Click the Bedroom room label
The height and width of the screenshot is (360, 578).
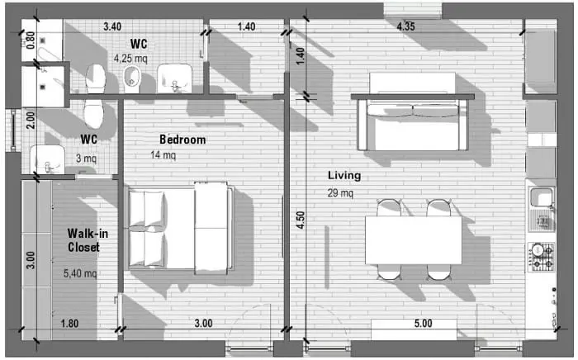182,140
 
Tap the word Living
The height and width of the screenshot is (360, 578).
344,175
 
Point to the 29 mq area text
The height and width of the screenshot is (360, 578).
340,192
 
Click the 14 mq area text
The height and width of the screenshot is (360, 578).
163,154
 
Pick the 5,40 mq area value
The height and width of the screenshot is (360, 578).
80,273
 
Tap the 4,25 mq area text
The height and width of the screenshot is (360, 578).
130,59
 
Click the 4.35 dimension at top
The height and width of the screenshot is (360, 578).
405,26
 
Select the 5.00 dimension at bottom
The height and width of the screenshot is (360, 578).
423,323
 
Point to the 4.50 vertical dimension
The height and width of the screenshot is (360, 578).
301,220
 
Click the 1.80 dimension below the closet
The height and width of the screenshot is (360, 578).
69,324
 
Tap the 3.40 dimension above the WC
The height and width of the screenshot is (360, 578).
112,26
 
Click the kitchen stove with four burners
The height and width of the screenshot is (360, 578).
542,257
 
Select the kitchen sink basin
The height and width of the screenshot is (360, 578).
541,197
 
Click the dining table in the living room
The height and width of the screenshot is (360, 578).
413,240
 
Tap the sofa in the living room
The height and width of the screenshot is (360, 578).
413,126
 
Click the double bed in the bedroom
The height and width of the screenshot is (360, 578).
181,228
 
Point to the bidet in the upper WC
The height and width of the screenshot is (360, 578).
132,79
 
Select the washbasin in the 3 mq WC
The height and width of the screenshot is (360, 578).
47,159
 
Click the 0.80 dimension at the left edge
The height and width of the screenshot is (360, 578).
31,40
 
